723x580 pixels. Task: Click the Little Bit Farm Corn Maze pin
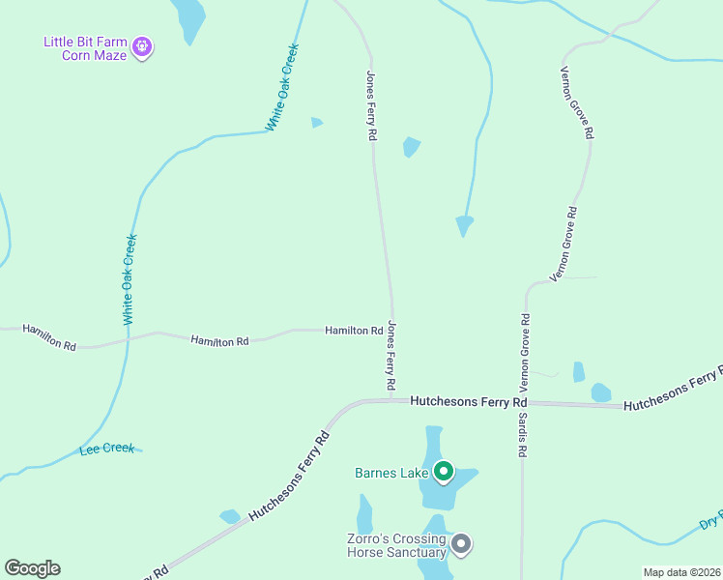click(x=142, y=46)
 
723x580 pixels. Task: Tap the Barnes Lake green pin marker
click(x=444, y=472)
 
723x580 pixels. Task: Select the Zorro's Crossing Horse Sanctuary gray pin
click(x=461, y=544)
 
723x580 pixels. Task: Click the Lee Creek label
click(x=106, y=449)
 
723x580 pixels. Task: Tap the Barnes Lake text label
click(x=391, y=473)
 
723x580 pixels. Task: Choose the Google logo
click(x=32, y=567)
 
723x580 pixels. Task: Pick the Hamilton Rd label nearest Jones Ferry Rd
click(x=354, y=331)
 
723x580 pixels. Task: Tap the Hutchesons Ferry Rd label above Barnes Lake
click(x=469, y=401)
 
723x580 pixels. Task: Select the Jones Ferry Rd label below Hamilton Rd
click(x=391, y=356)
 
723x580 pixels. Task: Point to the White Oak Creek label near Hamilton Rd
click(x=130, y=279)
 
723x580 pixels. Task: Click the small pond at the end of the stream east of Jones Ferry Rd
click(x=465, y=225)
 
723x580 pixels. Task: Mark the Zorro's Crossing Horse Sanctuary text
click(x=396, y=545)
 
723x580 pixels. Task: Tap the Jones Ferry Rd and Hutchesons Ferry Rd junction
click(x=392, y=398)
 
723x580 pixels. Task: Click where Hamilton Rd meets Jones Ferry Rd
click(x=391, y=330)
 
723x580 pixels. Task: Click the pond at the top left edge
click(x=189, y=17)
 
